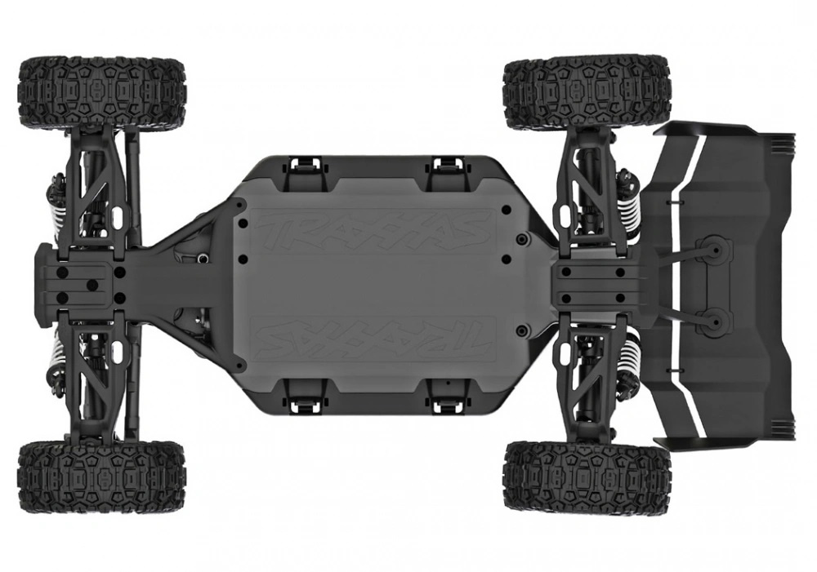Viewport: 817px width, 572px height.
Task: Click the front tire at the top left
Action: pyautogui.click(x=101, y=92)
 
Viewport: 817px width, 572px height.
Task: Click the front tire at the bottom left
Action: pyautogui.click(x=101, y=478)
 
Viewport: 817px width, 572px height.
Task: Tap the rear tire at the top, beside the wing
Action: pyautogui.click(x=587, y=92)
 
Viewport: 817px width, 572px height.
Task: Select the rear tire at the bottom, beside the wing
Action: pyautogui.click(x=587, y=478)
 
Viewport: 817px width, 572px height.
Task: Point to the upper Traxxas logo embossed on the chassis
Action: pyautogui.click(x=373, y=232)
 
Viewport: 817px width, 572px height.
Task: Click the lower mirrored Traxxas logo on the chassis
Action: pyautogui.click(x=373, y=335)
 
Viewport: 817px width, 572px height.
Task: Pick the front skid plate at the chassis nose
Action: pyautogui.click(x=78, y=282)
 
